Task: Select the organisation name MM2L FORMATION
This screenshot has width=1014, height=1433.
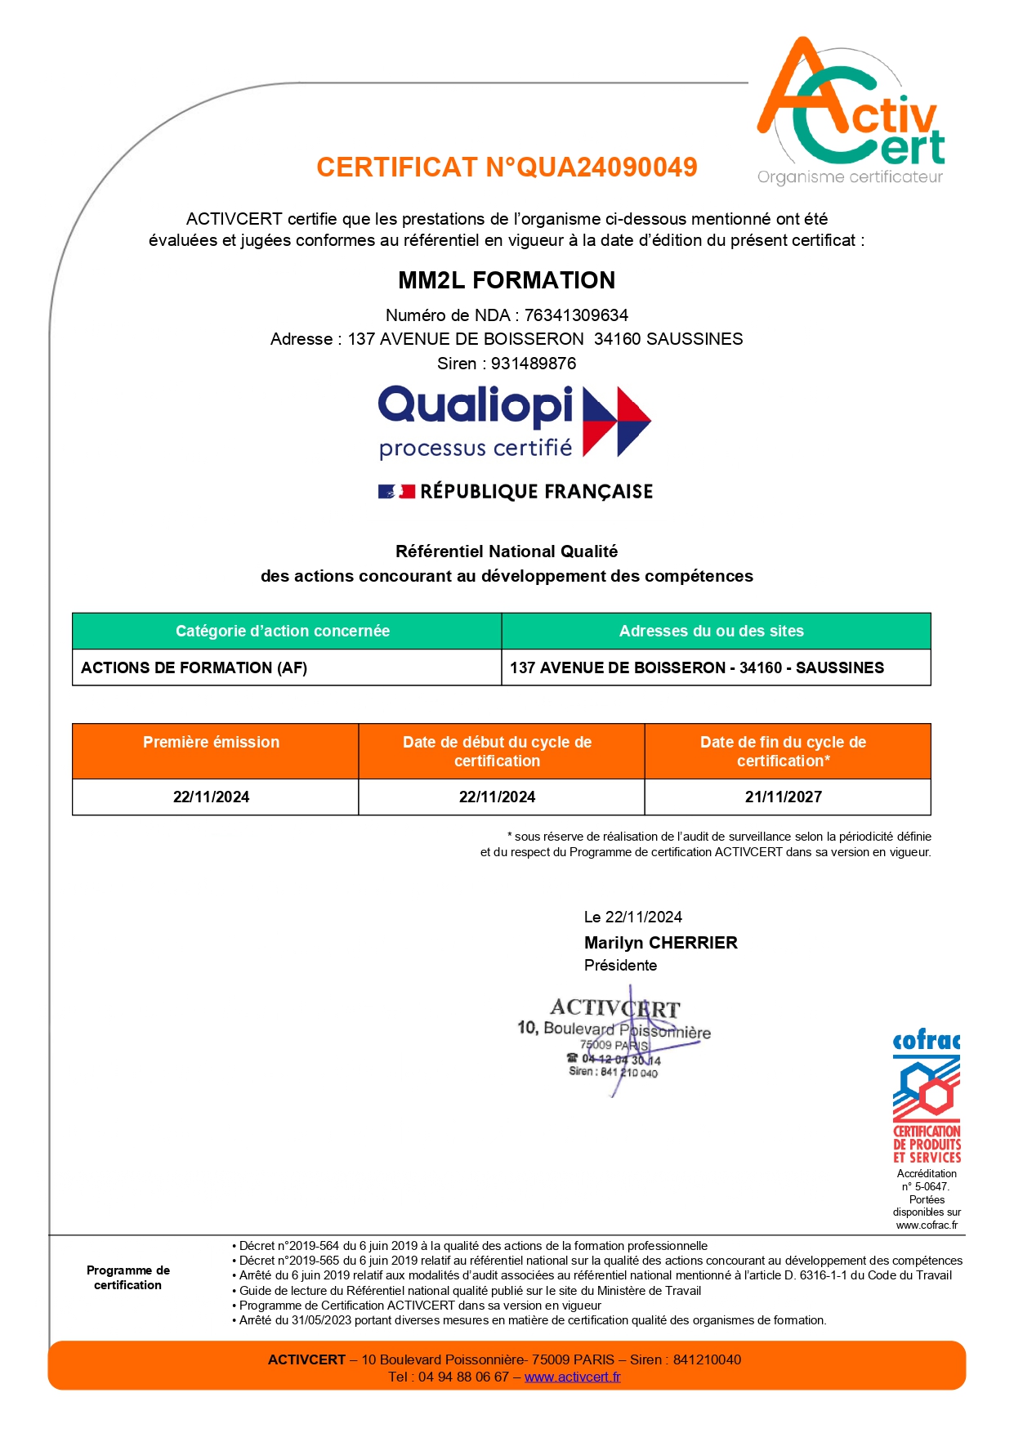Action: tap(507, 280)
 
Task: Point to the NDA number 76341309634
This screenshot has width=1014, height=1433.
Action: tap(576, 315)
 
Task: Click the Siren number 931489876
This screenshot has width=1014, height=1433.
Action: tap(534, 364)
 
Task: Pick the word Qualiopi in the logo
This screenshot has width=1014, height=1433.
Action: tap(476, 406)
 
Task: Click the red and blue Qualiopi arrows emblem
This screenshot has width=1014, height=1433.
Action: tap(616, 422)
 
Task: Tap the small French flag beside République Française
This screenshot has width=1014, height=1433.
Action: tap(396, 492)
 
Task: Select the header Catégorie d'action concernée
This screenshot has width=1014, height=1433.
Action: tap(283, 631)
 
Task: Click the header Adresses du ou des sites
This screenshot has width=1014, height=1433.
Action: tap(711, 631)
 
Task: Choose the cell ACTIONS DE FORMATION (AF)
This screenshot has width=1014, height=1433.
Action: tap(194, 667)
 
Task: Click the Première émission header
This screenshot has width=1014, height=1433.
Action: tap(211, 742)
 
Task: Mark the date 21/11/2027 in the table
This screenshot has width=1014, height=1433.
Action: tap(783, 797)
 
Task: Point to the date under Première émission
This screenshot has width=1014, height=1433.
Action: tap(211, 797)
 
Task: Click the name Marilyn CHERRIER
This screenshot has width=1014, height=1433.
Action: tap(660, 943)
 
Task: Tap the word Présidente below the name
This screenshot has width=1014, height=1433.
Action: tap(620, 966)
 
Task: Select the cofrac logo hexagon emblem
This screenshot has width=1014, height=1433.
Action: tap(926, 1088)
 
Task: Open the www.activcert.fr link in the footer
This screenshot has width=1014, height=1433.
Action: tap(572, 1377)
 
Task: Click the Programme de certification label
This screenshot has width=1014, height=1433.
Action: tap(128, 1278)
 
